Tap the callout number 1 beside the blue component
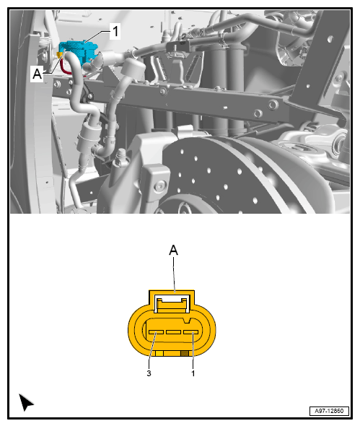pos(114,30)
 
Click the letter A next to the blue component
pos(37,73)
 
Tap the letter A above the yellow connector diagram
pos(173,250)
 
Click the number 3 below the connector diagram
pos(149,373)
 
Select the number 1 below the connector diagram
pos(193,373)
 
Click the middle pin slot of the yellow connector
pos(172,332)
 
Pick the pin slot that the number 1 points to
pos(190,332)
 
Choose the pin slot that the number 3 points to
pos(154,332)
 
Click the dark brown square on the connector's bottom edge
pos(185,353)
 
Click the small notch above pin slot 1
pos(188,318)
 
